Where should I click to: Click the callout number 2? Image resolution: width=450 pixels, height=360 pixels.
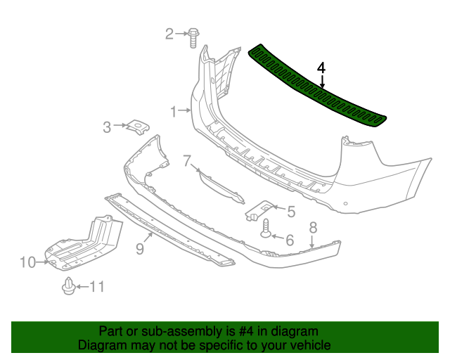169,33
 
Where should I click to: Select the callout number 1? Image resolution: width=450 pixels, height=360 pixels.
173,110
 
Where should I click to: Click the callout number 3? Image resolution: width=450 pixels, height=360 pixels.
107,127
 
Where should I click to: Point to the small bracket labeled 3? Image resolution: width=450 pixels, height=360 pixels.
136,127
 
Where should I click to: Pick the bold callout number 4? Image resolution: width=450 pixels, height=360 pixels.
321,68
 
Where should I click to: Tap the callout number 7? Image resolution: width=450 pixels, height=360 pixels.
187,161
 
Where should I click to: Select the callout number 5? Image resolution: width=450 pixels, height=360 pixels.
290,209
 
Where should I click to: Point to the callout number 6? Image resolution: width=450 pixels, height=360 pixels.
289,239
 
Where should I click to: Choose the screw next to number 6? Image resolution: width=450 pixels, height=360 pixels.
267,230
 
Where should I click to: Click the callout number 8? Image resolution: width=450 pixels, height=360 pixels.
313,226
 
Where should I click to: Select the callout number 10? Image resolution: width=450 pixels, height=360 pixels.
27,262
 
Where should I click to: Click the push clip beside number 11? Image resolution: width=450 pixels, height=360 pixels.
69,287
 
